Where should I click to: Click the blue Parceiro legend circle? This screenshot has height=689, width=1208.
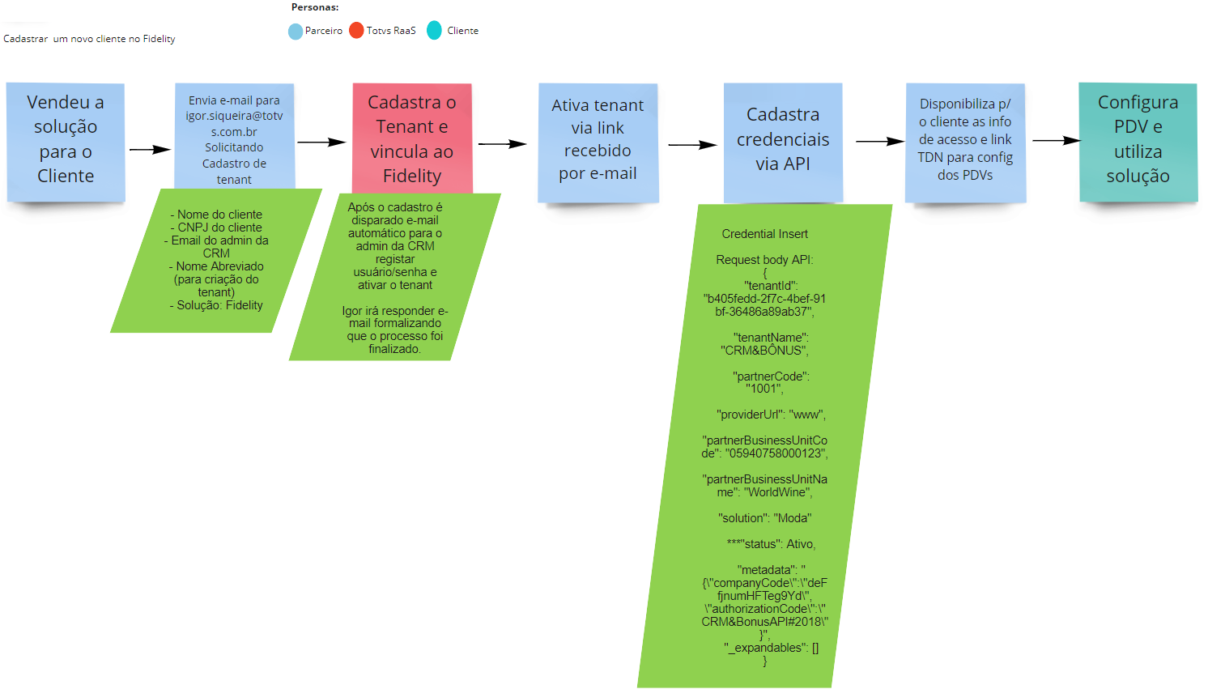coord(296,32)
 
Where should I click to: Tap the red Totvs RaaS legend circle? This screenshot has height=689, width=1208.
coord(356,31)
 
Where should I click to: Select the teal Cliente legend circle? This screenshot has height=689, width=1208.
coord(435,31)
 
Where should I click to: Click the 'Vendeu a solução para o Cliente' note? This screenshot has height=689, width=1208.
coord(66,139)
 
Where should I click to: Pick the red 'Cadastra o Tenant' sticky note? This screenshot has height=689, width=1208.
coord(412,138)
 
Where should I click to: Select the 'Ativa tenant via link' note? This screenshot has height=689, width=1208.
coord(598,139)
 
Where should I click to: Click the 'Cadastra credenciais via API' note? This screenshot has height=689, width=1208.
coord(783,139)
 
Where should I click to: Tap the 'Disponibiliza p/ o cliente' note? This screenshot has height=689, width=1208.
coord(965,139)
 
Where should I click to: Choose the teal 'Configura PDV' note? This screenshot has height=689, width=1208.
coord(1138,139)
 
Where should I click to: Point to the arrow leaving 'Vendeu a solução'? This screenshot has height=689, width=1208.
coord(150,150)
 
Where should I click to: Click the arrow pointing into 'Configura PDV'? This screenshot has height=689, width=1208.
coord(1056,141)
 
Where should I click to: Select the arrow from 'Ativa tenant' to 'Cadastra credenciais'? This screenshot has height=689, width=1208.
coord(692,145)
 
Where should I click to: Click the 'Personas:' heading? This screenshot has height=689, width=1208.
coord(315,7)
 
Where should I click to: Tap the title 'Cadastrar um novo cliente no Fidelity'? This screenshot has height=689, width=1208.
coord(89,39)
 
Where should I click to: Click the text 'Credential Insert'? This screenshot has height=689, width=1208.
coord(764,234)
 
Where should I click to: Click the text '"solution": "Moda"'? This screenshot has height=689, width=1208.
coord(764,518)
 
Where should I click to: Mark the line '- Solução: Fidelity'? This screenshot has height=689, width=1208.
coord(216,305)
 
